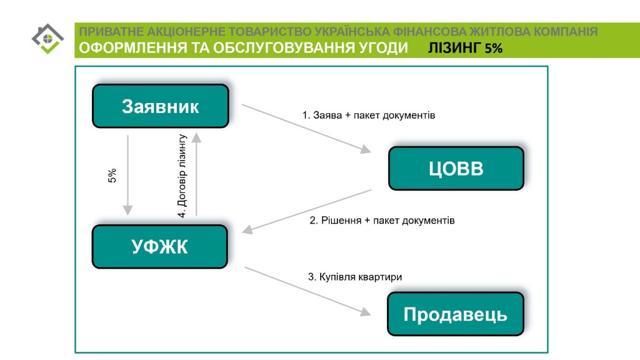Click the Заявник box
coord(161,106)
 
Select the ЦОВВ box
coord(456,168)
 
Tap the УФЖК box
coord(159,246)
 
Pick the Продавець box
coord(456,314)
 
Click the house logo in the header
coord(47,39)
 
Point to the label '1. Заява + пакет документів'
coord(369,116)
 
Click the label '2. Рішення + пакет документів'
coord(382,221)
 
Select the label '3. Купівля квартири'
coord(355,277)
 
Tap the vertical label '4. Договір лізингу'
coord(182,176)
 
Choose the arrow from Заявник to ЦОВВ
coord(306,129)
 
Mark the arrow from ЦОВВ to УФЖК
coord(306,211)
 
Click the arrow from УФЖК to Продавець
coord(307,291)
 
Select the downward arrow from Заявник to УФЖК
coord(127,175)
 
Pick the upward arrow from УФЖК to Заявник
coord(196,174)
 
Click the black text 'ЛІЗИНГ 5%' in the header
coord(465,48)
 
